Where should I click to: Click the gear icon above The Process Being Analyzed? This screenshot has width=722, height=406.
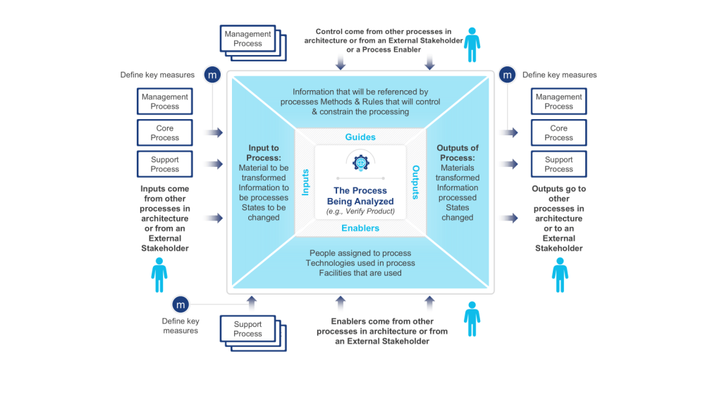[x=360, y=162]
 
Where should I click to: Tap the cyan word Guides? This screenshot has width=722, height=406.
[x=360, y=137]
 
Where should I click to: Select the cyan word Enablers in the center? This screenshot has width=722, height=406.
[x=360, y=228]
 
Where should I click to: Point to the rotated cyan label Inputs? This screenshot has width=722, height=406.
[x=305, y=182]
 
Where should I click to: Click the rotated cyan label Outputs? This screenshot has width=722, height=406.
[x=415, y=182]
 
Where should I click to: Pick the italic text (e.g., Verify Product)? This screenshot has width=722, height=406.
[x=360, y=211]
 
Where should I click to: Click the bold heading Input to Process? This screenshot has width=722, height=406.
[x=264, y=153]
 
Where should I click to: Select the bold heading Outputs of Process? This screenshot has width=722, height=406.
[x=458, y=153]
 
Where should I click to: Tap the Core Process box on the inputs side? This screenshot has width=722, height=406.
[x=165, y=133]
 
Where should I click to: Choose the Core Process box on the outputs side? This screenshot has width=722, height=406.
[x=558, y=133]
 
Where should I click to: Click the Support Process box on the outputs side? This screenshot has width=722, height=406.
[x=558, y=164]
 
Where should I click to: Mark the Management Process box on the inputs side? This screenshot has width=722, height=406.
[x=165, y=101]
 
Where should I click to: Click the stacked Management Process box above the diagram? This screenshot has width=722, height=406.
[x=247, y=39]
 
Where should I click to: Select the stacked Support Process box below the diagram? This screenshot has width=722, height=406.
[x=247, y=329]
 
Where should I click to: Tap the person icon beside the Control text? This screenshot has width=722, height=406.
[x=472, y=44]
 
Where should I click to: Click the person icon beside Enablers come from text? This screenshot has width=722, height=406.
[x=472, y=319]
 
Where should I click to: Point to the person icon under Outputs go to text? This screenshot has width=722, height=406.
[x=560, y=274]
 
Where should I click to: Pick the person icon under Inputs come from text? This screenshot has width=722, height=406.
[x=159, y=274]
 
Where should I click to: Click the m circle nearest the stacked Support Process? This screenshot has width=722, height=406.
[x=180, y=304]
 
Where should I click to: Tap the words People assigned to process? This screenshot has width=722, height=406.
[x=360, y=253]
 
